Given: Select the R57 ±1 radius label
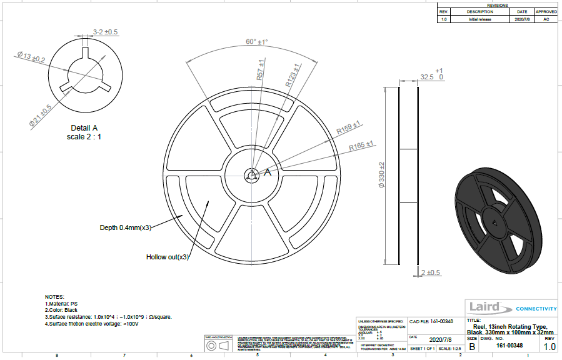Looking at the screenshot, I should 260,71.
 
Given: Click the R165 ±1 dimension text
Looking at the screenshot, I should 361,146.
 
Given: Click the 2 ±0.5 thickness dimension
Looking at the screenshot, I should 431,272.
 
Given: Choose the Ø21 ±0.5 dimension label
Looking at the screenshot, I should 40,116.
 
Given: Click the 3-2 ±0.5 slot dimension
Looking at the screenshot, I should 105,31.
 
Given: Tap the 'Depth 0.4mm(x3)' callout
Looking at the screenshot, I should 125,227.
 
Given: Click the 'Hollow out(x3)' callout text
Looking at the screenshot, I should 167,257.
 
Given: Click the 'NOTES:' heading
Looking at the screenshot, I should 54,296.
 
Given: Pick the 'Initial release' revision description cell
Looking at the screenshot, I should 479,19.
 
